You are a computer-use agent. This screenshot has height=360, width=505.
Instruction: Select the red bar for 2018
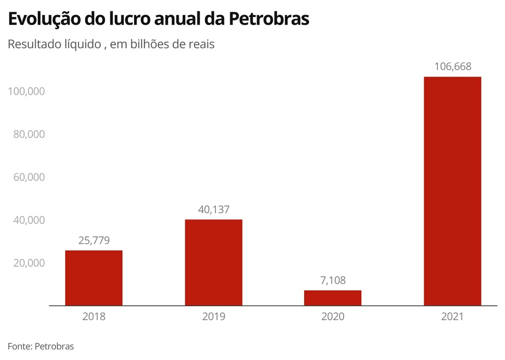pos(94,277)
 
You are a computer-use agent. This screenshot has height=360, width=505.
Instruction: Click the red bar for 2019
pos(213,262)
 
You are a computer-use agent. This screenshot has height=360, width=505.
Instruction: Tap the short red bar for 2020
pos(333,297)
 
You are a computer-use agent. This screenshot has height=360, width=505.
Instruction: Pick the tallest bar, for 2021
pos(452,191)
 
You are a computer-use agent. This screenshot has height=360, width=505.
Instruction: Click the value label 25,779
pos(94,240)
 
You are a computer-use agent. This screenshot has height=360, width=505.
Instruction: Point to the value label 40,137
pos(213,210)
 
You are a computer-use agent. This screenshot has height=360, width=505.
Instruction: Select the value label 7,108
pos(333,280)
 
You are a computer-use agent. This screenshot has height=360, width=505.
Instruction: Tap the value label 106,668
pos(452,67)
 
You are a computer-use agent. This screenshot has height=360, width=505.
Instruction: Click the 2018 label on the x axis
pos(94,317)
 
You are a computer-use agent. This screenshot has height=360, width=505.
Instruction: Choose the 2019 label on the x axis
pos(213,317)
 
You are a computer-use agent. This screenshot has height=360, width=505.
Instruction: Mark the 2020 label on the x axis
pos(333,317)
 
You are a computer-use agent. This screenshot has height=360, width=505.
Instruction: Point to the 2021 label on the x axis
pos(452,317)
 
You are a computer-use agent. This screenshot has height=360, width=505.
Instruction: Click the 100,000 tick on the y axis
pos(27,92)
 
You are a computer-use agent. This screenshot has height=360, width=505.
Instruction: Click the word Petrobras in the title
pos(269,19)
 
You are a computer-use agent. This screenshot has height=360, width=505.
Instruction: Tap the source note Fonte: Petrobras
pos(41,346)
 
